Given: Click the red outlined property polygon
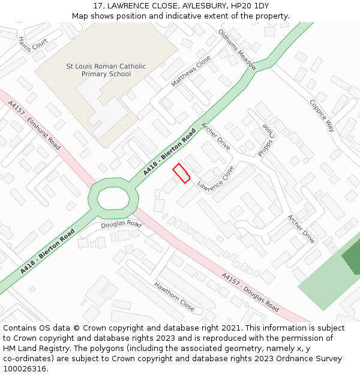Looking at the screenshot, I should (181, 173).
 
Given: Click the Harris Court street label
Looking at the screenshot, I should (32, 44).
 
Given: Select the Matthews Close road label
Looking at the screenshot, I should (191, 71).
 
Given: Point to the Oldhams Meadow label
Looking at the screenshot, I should (237, 50).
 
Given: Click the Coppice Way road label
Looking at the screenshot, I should (322, 115).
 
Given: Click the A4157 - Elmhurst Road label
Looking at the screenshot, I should (34, 125).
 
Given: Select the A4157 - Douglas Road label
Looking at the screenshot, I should (250, 293).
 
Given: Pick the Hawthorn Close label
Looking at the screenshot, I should (174, 296).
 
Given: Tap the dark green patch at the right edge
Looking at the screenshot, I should (352, 257).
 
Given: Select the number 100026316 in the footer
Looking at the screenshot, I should (25, 368).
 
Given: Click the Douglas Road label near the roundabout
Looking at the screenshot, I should (121, 225).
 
